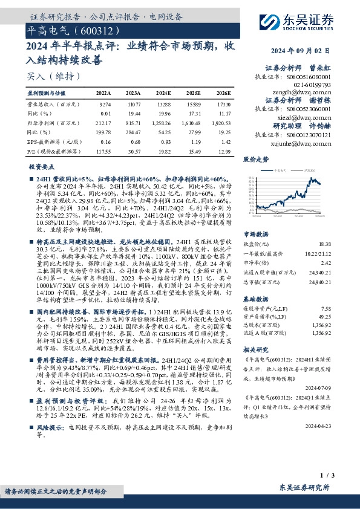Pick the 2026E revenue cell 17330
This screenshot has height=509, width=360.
coord(223,105)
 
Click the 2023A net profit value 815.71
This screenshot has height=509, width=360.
coord(133,122)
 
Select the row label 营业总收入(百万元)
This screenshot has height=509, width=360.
coord(48,105)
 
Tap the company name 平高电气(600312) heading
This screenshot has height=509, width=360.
coord(70,30)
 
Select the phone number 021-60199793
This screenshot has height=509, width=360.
coord(316,85)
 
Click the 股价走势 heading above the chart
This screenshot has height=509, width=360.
coord(255,160)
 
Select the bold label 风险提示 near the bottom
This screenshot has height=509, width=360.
coord(50,443)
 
